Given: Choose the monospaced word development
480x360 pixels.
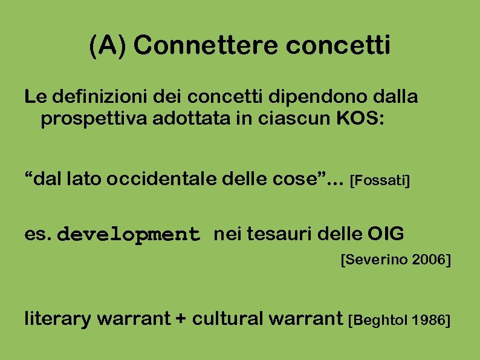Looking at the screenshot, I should (131, 235).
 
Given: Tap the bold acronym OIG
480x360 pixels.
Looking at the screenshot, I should (386, 234).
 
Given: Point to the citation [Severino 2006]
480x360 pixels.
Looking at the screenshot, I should (396, 261).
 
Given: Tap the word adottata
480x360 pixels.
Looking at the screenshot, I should (171, 119).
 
